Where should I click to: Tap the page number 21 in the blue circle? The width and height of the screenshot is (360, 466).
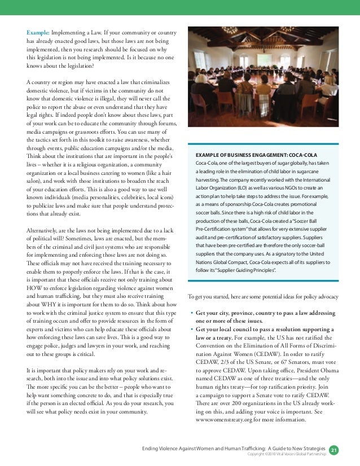coord(333,450)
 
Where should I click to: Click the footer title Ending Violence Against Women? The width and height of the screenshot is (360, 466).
coord(186,448)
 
